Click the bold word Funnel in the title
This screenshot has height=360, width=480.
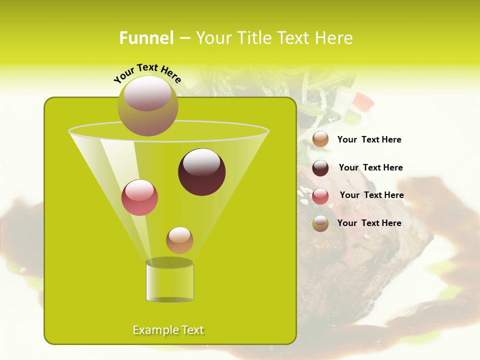(146, 38)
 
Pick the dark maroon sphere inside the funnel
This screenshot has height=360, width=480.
(201, 172)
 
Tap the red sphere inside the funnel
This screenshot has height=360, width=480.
(139, 197)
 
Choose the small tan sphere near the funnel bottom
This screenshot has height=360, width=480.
(179, 240)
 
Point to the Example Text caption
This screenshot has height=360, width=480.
(168, 330)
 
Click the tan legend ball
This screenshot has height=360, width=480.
(320, 139)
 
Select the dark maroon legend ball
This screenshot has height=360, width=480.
(320, 168)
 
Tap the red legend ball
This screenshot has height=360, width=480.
(320, 195)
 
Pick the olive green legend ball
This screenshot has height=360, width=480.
(320, 223)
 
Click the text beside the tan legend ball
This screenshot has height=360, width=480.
(369, 140)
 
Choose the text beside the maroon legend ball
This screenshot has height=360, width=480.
(370, 168)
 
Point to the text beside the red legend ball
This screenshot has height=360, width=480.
(371, 195)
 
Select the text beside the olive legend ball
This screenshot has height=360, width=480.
(369, 223)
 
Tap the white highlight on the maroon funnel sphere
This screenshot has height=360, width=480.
(201, 162)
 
